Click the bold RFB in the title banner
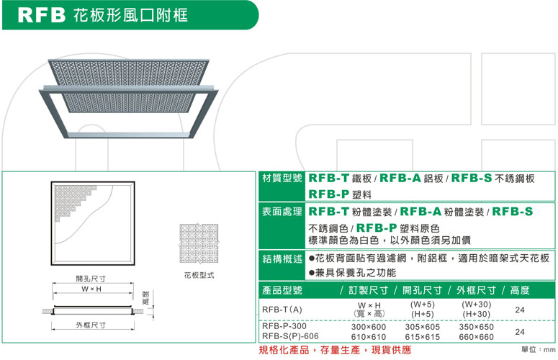coord(42,15)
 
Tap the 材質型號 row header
coord(282,178)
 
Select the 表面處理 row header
coord(282,212)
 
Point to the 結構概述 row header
coord(282,258)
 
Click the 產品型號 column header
coord(282,290)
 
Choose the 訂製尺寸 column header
coord(369,290)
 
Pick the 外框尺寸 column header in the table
coord(476,290)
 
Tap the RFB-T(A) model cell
coord(282,310)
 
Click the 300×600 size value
coord(369,327)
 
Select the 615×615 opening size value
coord(423,337)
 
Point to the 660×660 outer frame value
coord(476,337)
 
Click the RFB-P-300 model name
coord(284,326)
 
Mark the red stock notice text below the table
coord(335,350)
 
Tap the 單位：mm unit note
coord(539,350)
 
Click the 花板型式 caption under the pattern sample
coord(199,275)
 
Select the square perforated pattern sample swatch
coord(199,243)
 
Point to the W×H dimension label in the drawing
coord(91,289)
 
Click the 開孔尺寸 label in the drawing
coord(91,279)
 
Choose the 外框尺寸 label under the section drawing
coord(91,325)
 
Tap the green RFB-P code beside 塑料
coord(328,194)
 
